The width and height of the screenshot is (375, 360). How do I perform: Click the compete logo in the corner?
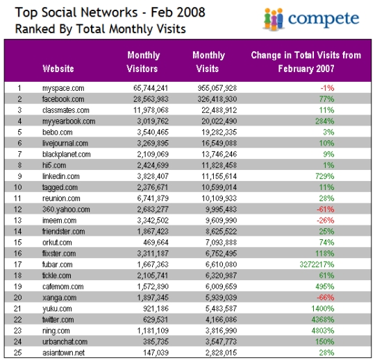[311, 19]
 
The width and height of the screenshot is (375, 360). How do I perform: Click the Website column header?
[58, 69]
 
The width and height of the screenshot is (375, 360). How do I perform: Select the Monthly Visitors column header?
[142, 62]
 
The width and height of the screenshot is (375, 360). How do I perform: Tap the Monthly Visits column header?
[208, 62]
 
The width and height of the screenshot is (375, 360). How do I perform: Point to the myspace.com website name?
[63, 88]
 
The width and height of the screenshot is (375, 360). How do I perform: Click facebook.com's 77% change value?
[326, 99]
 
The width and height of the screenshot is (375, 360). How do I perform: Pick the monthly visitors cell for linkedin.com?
[153, 176]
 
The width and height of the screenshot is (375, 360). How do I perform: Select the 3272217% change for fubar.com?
[317, 264]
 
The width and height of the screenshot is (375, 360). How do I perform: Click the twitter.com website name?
[58, 320]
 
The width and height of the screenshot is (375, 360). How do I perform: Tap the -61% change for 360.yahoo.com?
[326, 209]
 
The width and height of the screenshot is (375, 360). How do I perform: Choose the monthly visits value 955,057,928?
[217, 88]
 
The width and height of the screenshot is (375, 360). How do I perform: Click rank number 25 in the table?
[17, 352]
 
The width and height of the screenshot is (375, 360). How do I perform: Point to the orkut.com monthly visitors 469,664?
[156, 243]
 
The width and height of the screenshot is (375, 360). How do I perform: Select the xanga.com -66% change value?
[326, 298]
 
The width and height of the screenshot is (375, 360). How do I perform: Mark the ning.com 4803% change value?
[323, 331]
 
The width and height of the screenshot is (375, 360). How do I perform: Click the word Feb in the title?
[161, 12]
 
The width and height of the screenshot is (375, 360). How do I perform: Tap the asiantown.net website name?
[64, 353]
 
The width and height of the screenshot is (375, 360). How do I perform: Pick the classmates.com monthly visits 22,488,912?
[219, 110]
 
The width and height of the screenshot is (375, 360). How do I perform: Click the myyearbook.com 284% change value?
[325, 121]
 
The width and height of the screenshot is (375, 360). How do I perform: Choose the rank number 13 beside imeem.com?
[17, 221]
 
